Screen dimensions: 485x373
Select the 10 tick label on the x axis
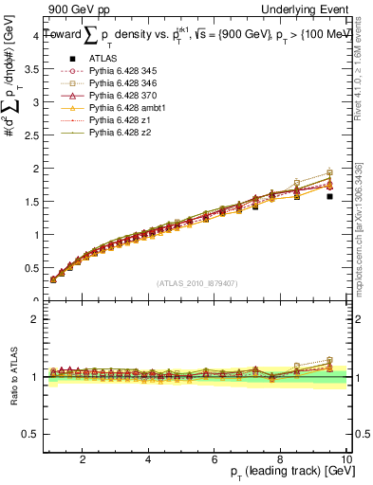point(346,459)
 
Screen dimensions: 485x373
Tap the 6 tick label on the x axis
point(214,459)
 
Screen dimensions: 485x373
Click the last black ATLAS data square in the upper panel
point(329,196)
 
